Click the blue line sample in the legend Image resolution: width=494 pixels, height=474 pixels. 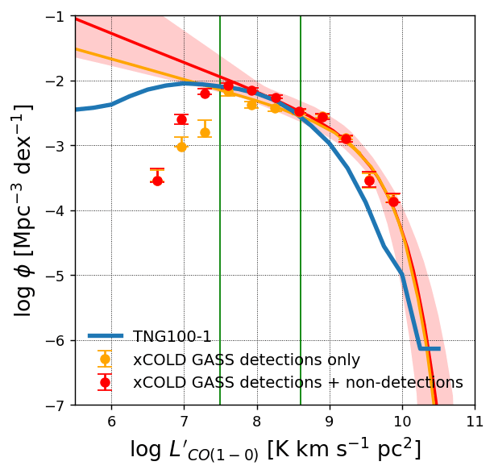pyautogui.click(x=105, y=335)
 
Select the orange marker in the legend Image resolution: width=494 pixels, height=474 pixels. pyautogui.click(x=105, y=359)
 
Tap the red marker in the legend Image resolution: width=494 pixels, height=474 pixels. pyautogui.click(x=105, y=382)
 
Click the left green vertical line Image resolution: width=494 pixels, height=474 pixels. pyautogui.click(x=220, y=242)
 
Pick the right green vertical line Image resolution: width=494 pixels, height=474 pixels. pyautogui.click(x=301, y=242)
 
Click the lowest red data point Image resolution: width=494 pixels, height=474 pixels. pyautogui.click(x=157, y=181)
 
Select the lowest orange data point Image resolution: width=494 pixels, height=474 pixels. pyautogui.click(x=181, y=147)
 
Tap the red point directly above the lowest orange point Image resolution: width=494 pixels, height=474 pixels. pyautogui.click(x=181, y=119)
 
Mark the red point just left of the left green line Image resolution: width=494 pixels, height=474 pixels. pyautogui.click(x=205, y=94)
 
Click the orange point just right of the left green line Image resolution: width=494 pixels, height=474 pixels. pyautogui.click(x=229, y=90)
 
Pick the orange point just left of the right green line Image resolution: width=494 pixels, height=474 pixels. pyautogui.click(x=275, y=108)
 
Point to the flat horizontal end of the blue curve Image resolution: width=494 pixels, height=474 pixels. pyautogui.click(x=430, y=348)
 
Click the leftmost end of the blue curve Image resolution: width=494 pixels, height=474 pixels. pyautogui.click(x=78, y=109)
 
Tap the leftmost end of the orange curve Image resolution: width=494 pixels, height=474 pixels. pyautogui.click(x=78, y=50)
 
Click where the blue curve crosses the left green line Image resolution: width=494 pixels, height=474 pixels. pyautogui.click(x=220, y=84)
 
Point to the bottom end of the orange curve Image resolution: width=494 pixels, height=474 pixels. pyautogui.click(x=434, y=401)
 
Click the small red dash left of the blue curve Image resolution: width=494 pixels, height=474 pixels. pyautogui.click(x=15, y=117)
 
